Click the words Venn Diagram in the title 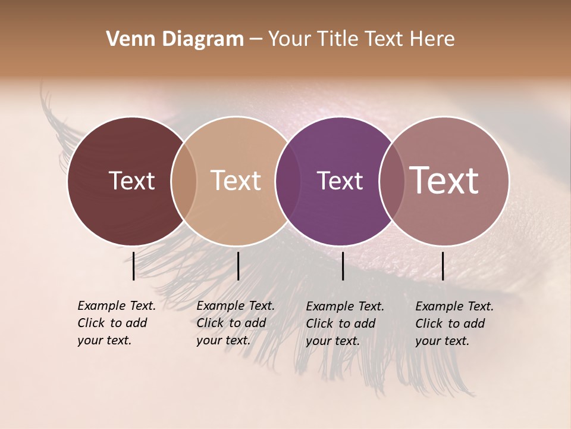click(x=175, y=39)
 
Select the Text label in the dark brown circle click(x=131, y=181)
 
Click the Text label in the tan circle click(x=236, y=181)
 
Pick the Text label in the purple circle click(x=340, y=181)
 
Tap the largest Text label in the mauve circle click(x=444, y=181)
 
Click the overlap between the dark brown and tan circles click(x=184, y=181)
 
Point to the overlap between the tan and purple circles click(x=287, y=181)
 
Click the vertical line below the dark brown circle click(x=133, y=266)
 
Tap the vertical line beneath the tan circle click(x=238, y=266)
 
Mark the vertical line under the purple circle click(x=343, y=266)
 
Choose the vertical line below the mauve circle click(x=443, y=266)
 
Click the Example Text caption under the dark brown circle click(x=117, y=323)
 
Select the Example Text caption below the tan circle click(x=236, y=323)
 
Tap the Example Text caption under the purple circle click(x=345, y=324)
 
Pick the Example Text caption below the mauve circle click(x=454, y=324)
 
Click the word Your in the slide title click(x=289, y=39)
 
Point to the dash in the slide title click(x=256, y=39)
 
